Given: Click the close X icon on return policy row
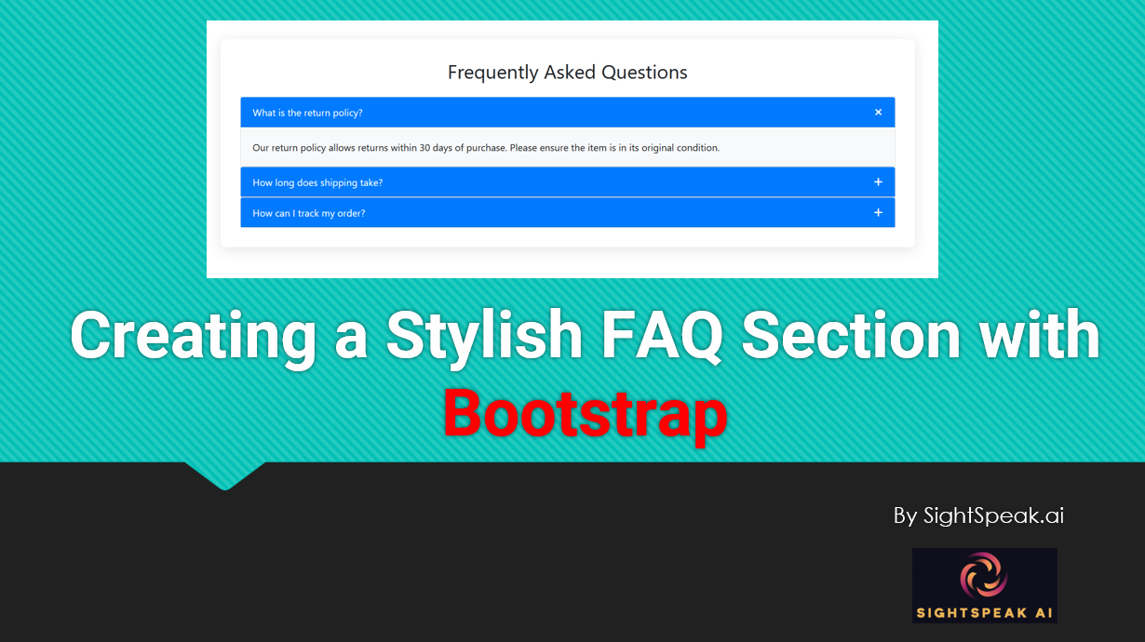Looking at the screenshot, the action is tap(878, 112).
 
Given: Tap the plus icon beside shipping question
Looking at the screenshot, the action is tap(878, 181).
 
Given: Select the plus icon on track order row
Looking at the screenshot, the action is tap(878, 212).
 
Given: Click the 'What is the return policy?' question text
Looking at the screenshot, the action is tap(307, 113).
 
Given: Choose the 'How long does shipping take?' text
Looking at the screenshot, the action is tap(317, 183).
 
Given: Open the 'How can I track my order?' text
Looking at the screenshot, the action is tap(309, 213).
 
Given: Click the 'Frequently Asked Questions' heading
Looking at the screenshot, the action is tap(568, 73).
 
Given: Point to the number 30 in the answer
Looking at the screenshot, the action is tap(424, 148).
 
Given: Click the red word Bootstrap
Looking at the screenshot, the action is tap(586, 414).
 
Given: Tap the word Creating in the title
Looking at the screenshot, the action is tap(193, 337).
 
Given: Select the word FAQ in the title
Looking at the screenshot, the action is tap(663, 335).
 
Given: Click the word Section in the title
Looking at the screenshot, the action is tap(851, 335).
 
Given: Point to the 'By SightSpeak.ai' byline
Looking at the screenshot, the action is tap(978, 515).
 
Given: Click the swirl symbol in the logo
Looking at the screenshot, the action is tap(984, 575).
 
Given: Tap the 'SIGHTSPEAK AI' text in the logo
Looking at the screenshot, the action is tap(985, 613).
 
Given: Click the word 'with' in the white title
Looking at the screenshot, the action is tap(1039, 334).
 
